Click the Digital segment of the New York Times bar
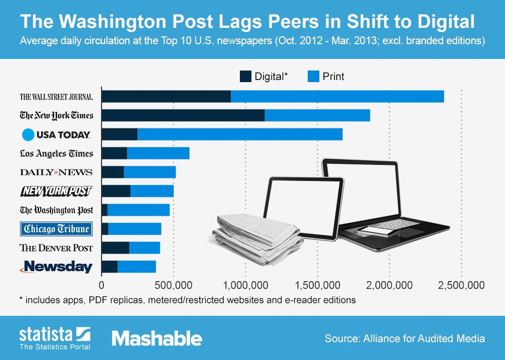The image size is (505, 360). tap(183, 115)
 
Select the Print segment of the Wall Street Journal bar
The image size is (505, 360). tap(337, 96)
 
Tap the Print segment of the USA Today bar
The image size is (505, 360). tap(239, 134)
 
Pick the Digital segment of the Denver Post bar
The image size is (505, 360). tap(115, 248)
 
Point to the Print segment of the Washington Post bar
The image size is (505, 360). tap(138, 210)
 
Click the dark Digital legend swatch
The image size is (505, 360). tap(245, 76)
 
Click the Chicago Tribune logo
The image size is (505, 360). tap(56, 229)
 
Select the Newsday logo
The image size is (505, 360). tap(56, 267)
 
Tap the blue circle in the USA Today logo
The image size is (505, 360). tap(28, 135)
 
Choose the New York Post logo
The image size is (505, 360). tap(56, 191)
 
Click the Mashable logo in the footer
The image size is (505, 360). tap(156, 338)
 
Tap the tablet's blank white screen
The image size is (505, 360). tap(305, 206)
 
